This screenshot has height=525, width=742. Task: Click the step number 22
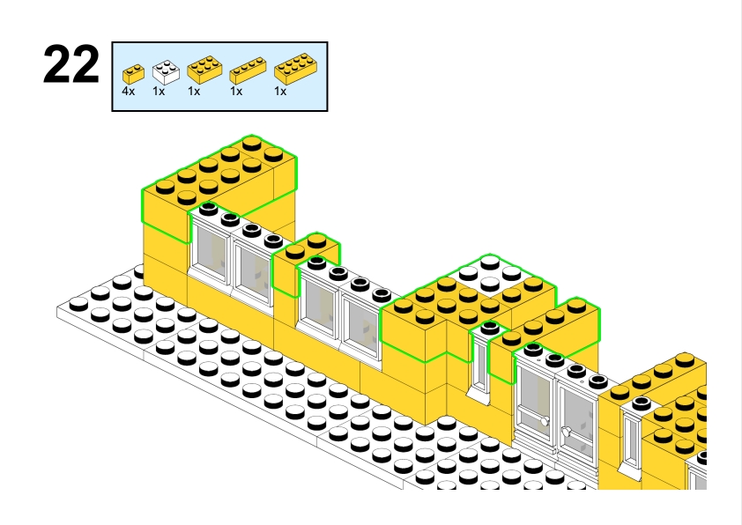tap(71, 67)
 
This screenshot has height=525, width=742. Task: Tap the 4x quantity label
tap(129, 91)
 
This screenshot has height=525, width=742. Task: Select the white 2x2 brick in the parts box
tap(165, 71)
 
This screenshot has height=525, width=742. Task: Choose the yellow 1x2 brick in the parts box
tap(133, 73)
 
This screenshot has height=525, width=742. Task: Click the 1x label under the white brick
tap(159, 91)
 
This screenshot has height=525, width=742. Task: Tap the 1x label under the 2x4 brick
tap(280, 91)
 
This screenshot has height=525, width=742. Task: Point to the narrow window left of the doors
tap(480, 361)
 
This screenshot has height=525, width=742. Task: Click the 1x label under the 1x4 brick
tap(236, 91)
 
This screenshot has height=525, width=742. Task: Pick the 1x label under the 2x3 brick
tap(194, 91)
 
